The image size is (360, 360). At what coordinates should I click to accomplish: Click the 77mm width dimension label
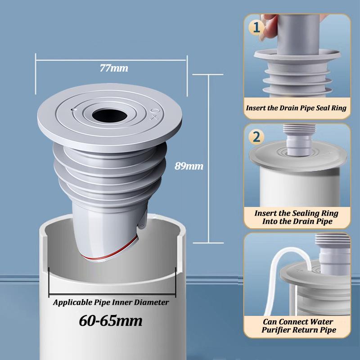pos(114,69)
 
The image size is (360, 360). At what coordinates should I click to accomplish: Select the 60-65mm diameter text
pos(111,320)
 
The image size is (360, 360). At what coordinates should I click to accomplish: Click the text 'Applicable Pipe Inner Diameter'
pos(111,302)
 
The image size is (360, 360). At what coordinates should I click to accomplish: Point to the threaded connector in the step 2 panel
pos(295,137)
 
